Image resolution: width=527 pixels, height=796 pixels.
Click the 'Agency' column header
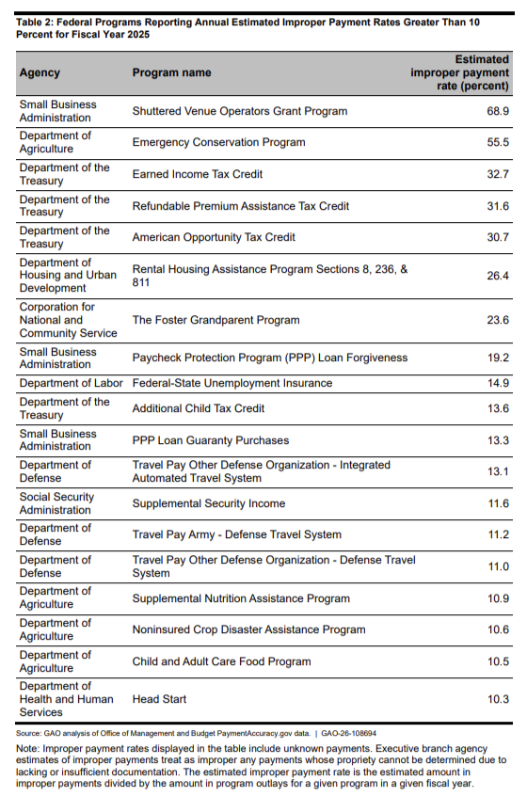click(40, 72)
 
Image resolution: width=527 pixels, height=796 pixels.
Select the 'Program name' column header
click(171, 72)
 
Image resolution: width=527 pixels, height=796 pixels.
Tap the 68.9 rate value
click(497, 111)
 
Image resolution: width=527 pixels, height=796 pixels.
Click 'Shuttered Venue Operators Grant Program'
click(239, 111)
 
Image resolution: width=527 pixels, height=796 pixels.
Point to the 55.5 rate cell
click(497, 143)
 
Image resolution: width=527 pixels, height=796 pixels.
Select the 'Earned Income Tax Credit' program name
click(197, 174)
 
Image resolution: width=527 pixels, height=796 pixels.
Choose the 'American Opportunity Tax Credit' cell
click(214, 237)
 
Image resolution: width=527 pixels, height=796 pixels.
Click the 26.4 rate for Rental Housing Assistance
click(497, 276)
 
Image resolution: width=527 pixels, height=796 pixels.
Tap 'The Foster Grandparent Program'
click(216, 320)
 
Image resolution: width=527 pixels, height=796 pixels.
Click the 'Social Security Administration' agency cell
click(56, 503)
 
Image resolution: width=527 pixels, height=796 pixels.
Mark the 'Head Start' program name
click(159, 699)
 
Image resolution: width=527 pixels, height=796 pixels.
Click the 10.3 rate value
click(497, 699)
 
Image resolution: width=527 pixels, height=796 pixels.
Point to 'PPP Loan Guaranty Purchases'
click(210, 440)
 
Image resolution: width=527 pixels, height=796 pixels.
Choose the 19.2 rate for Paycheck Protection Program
click(497, 358)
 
